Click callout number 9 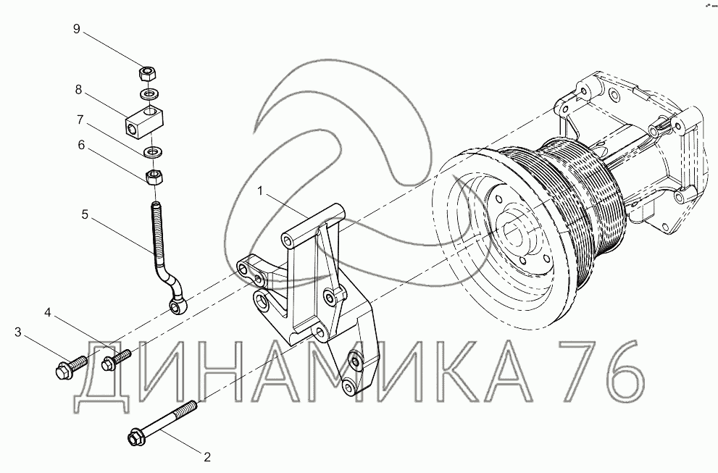pos(77,29)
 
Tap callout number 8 pos(78,90)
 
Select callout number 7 pos(80,120)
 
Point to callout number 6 pos(81,145)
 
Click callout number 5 pos(85,214)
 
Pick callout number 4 pos(48,312)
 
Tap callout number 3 pos(18,332)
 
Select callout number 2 pos(207,457)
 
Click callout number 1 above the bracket pos(260,191)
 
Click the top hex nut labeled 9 pos(148,73)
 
